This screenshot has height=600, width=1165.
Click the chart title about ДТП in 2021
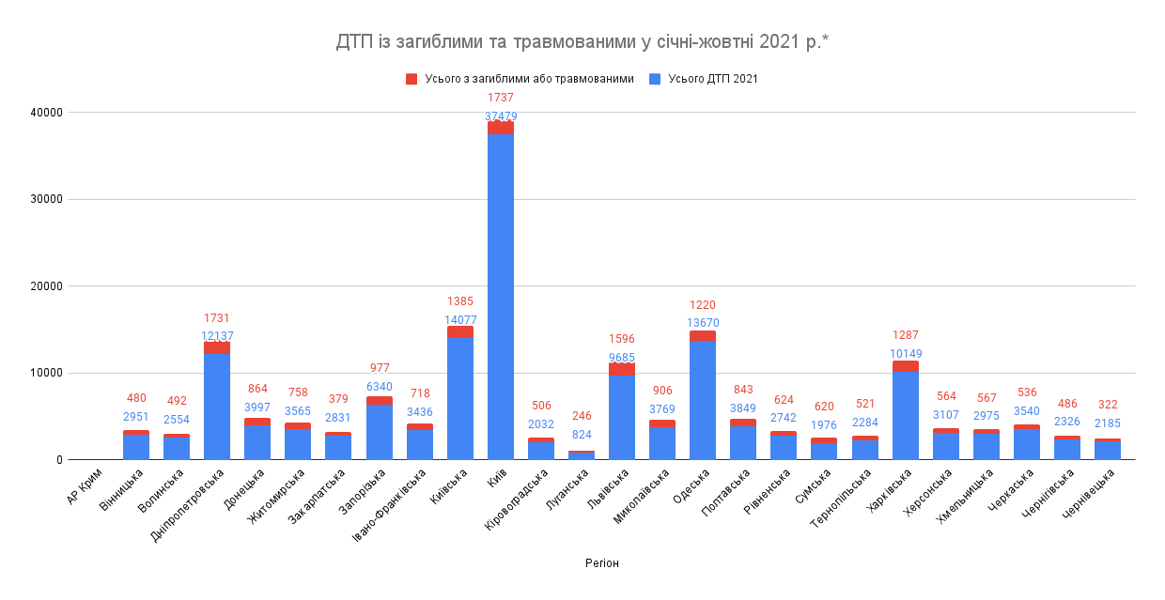tap(582, 42)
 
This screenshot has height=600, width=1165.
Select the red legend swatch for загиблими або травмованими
tap(412, 79)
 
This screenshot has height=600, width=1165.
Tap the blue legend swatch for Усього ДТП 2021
tap(655, 79)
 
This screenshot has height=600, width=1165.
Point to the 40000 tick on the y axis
tap(46, 113)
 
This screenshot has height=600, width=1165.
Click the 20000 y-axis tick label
tap(46, 286)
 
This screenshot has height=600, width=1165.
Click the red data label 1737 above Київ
tap(501, 98)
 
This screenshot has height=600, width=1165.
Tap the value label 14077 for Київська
tap(460, 320)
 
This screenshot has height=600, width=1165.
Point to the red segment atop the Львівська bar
tap(622, 369)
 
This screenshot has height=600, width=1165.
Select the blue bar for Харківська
tap(906, 417)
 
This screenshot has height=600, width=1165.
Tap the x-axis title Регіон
tap(601, 563)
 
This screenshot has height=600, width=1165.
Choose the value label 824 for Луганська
tap(582, 435)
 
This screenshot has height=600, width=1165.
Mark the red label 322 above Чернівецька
tap(1108, 405)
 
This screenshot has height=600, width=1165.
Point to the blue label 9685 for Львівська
tap(622, 357)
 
